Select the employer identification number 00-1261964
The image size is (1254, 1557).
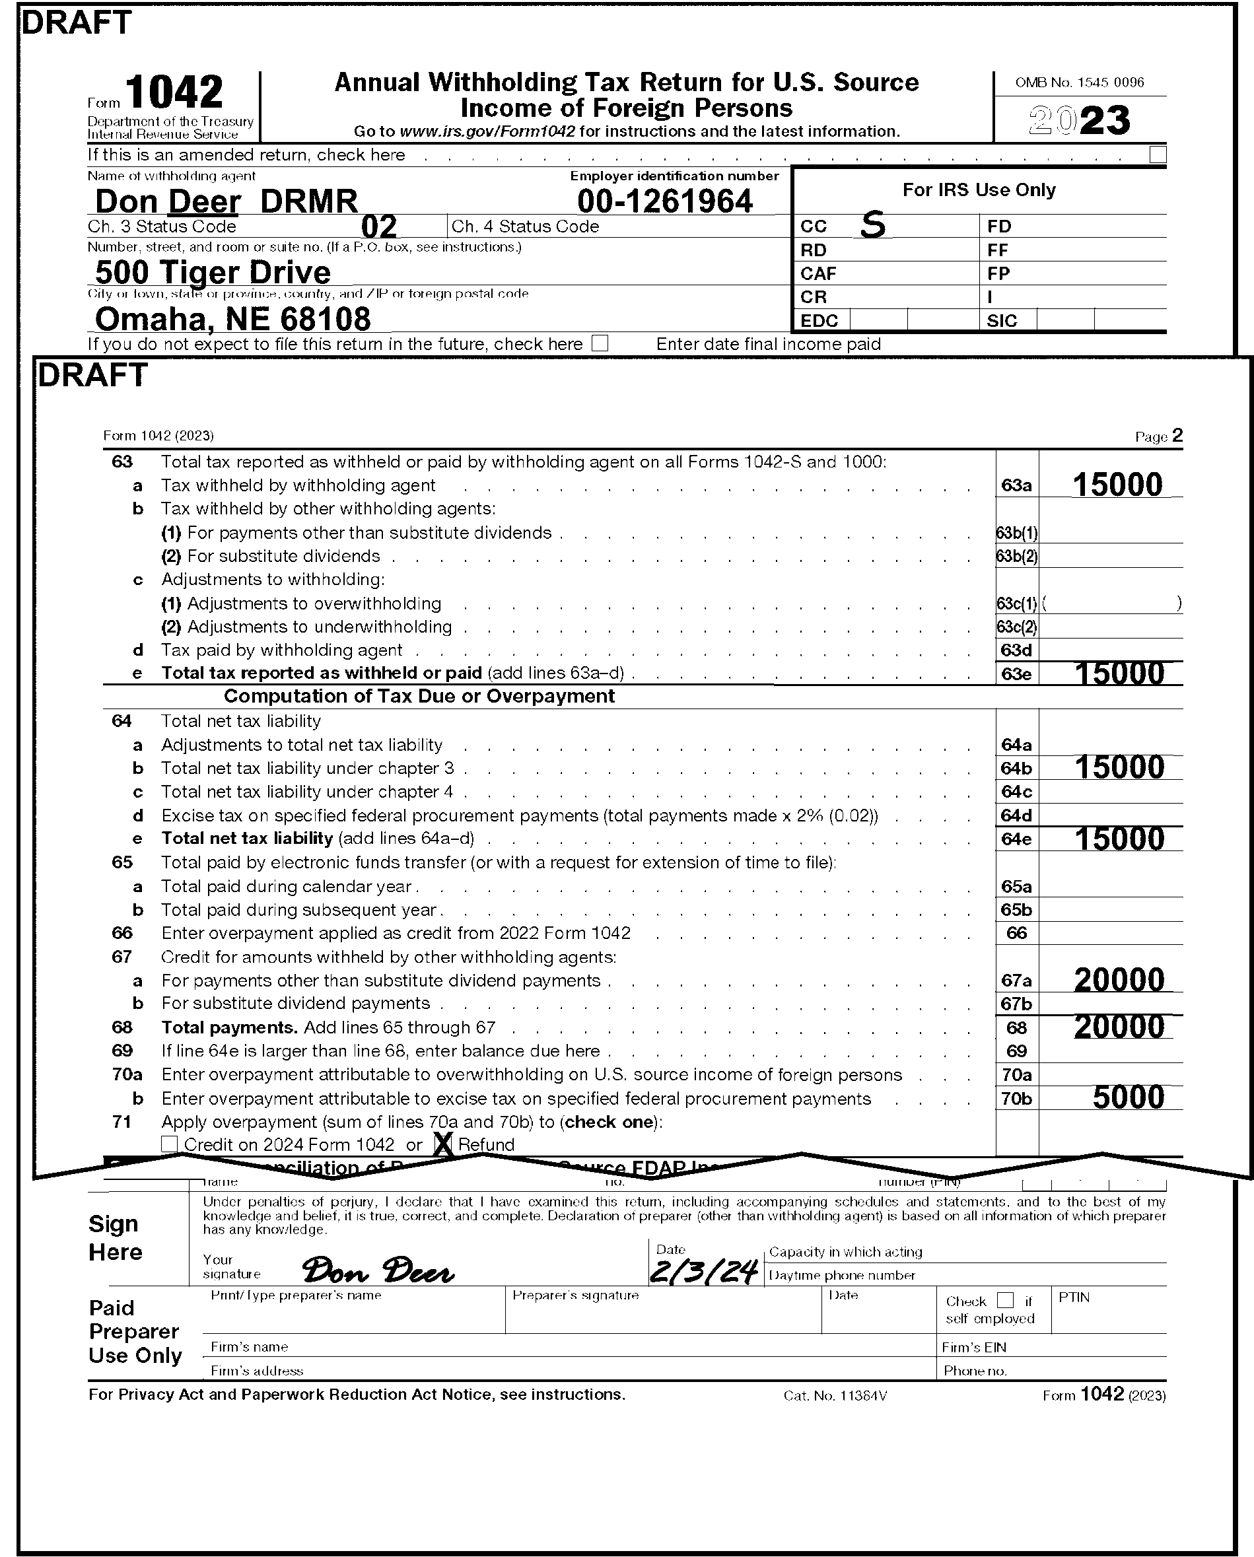click(664, 201)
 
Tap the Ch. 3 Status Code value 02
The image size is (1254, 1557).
click(378, 226)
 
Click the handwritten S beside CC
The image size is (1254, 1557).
click(872, 226)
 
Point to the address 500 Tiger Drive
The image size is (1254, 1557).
click(213, 272)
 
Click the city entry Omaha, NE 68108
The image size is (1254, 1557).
click(232, 319)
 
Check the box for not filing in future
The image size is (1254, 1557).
click(600, 344)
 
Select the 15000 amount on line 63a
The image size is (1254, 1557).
click(1117, 485)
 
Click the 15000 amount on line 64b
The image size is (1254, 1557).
click(1119, 767)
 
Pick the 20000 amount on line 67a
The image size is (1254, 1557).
click(1119, 980)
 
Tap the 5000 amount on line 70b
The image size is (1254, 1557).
click(1129, 1097)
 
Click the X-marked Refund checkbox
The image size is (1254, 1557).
click(444, 1144)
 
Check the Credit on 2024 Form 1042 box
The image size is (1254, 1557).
click(169, 1144)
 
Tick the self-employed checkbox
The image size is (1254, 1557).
click(1005, 1300)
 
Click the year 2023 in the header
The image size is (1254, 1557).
click(1079, 120)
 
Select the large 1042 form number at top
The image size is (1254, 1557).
click(174, 92)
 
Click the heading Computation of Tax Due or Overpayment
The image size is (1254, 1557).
click(419, 696)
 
